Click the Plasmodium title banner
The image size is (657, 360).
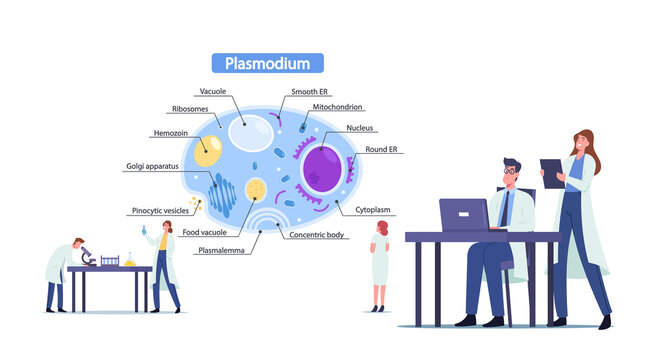point(267,63)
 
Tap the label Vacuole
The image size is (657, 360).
point(212,92)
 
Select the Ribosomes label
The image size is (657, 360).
point(191,109)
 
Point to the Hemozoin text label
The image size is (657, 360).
point(172,131)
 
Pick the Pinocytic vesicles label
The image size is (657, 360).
point(159,211)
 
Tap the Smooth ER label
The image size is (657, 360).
point(309,92)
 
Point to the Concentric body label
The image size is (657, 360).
point(317,235)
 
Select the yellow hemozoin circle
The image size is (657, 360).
point(208,150)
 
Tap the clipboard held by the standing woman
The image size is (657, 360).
point(552,173)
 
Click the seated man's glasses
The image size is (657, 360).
point(512,172)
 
